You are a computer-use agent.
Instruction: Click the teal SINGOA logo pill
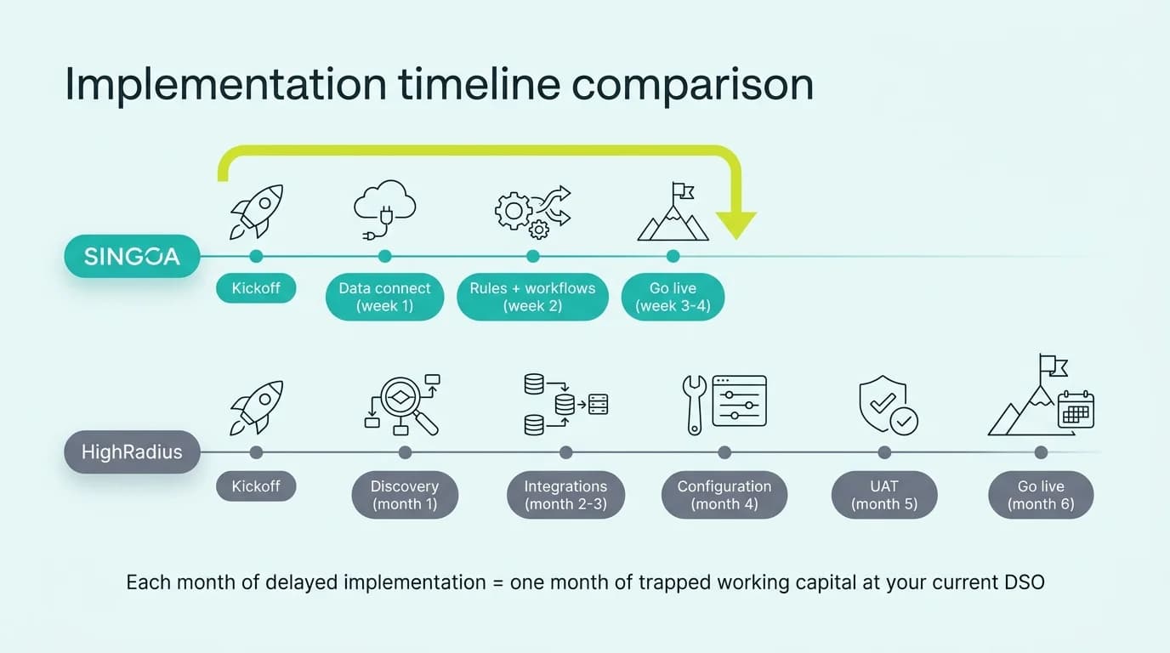click(132, 256)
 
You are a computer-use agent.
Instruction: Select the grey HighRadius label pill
click(132, 452)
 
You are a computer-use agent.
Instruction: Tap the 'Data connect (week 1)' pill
click(384, 297)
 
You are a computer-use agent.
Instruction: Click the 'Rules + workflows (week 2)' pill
click(532, 297)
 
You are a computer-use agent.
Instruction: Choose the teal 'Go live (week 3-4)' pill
click(673, 297)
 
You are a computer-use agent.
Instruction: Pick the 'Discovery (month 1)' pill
click(405, 495)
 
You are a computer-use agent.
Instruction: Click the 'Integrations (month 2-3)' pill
click(565, 495)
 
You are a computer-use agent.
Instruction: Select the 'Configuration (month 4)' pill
click(724, 495)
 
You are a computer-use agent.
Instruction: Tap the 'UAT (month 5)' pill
click(884, 495)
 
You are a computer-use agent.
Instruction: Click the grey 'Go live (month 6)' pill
click(1041, 495)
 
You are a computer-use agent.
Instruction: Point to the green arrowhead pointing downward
click(735, 224)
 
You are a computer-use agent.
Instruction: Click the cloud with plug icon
click(384, 208)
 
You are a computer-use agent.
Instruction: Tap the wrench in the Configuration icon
click(693, 404)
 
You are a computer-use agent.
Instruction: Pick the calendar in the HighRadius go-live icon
click(1076, 410)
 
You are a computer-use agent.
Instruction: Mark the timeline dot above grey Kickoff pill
click(256, 452)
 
